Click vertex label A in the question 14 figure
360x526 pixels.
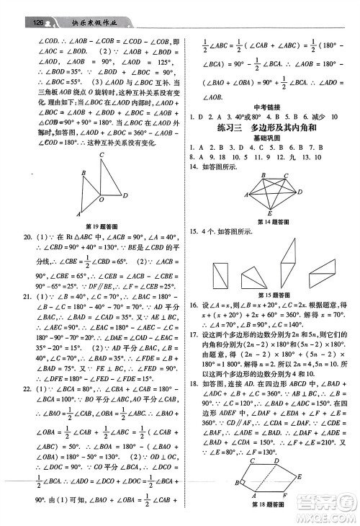pyautogui.click(x=243, y=195)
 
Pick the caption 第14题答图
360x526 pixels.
pyautogui.click(x=271, y=222)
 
